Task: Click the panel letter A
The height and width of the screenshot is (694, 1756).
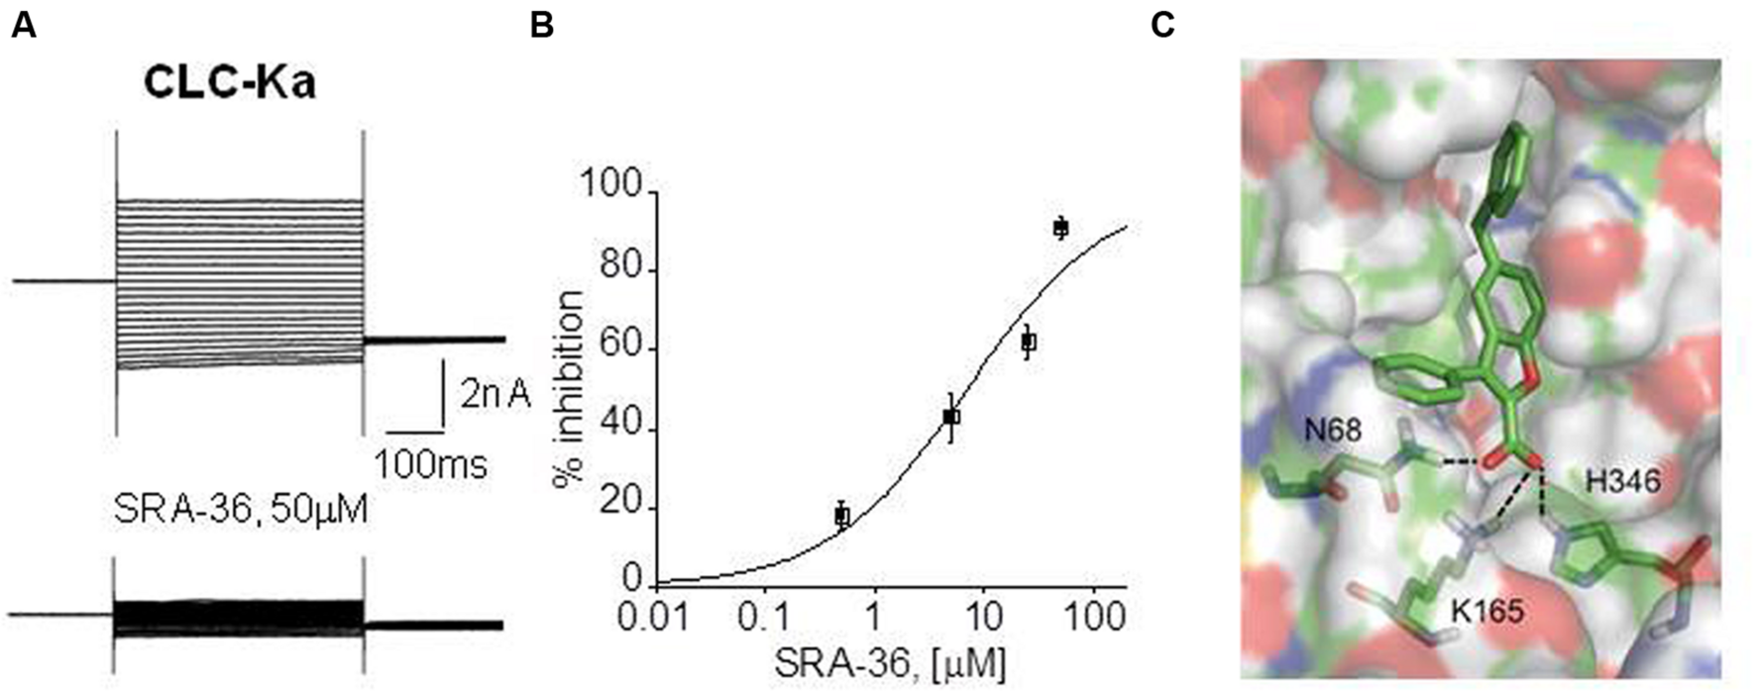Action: point(23,25)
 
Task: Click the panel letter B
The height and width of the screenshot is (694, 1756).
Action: point(541,25)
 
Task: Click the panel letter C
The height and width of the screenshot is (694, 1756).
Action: point(1163,25)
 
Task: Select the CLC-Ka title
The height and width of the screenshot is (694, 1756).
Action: point(229,82)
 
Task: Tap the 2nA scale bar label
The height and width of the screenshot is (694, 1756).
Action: point(494,395)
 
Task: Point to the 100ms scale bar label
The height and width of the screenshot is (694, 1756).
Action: point(430,463)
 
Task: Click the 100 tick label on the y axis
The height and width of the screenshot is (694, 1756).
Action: point(613,186)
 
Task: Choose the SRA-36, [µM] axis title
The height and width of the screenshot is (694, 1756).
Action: point(889,665)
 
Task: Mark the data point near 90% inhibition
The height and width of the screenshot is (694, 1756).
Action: point(1060,228)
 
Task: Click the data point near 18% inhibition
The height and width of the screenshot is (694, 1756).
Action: point(841,515)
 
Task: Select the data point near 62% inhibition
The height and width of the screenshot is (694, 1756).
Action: point(1029,342)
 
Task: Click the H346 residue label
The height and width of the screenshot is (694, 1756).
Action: point(1623,481)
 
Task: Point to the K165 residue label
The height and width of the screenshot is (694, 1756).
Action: point(1487,611)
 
